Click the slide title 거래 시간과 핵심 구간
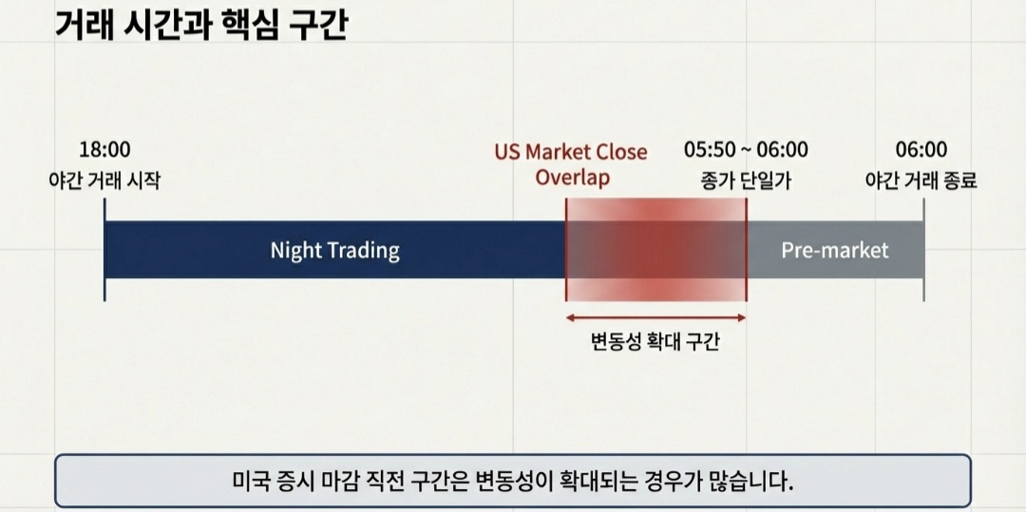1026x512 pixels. click(201, 24)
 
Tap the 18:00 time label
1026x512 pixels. click(104, 149)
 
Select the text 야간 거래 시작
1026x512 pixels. click(104, 180)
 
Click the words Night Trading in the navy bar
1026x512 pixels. click(334, 251)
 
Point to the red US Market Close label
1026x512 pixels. click(571, 152)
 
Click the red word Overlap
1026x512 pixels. click(572, 178)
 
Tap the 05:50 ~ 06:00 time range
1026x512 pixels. click(746, 149)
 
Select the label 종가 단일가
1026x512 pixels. click(746, 180)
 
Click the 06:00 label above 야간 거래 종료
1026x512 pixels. click(921, 149)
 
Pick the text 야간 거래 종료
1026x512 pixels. click(921, 180)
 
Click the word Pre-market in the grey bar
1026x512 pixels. click(835, 251)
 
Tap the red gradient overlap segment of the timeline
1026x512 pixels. click(655, 251)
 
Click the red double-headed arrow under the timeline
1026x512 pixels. click(655, 318)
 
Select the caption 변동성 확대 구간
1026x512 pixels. click(655, 342)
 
